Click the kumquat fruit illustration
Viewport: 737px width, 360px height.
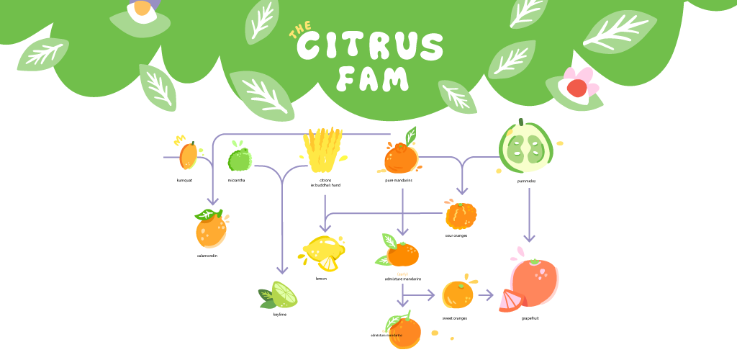(x=188, y=154)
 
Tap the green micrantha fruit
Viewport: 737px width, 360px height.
(x=239, y=158)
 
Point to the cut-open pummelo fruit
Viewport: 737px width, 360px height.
(x=527, y=148)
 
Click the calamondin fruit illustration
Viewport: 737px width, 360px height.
(x=209, y=230)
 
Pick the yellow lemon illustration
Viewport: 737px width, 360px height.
(x=323, y=253)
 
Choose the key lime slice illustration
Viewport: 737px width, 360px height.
(x=280, y=295)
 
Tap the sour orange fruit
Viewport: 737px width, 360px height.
(x=460, y=215)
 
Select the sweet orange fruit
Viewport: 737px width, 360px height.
(x=458, y=294)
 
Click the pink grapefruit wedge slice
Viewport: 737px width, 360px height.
(x=512, y=300)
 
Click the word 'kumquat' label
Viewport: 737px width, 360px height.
(x=184, y=180)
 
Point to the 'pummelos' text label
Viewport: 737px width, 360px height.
(x=526, y=181)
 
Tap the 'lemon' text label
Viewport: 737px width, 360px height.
(x=321, y=278)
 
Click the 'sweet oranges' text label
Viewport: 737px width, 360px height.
(x=454, y=318)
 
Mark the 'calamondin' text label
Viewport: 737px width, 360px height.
(x=207, y=256)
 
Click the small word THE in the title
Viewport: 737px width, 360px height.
(x=300, y=32)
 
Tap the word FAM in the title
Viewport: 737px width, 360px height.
(x=372, y=78)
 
